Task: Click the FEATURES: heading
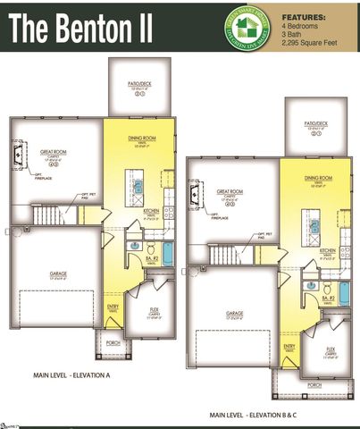pos(304,17)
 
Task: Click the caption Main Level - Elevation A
pos(71,375)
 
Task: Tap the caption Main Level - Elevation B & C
pos(258,415)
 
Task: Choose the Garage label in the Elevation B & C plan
pos(234,313)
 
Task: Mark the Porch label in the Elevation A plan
pos(113,342)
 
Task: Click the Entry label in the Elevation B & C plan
pos(289,346)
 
